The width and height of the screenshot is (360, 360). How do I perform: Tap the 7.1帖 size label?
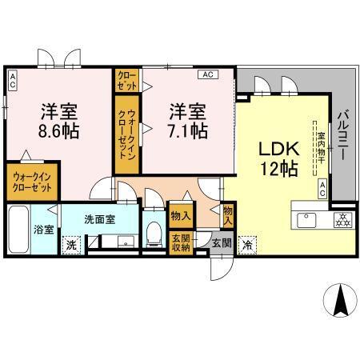pos(189,129)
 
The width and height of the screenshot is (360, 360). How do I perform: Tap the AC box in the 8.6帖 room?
pos(12,79)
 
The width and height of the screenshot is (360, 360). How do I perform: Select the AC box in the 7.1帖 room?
pos(206,75)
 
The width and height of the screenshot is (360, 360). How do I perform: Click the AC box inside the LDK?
pos(322,188)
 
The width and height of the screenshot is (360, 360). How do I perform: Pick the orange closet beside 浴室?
pos(31,181)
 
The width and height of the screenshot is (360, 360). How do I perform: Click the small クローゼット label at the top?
pos(126,80)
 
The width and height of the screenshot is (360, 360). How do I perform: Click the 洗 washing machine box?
pos(72,245)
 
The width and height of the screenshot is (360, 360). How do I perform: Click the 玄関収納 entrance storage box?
pos(180,243)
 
